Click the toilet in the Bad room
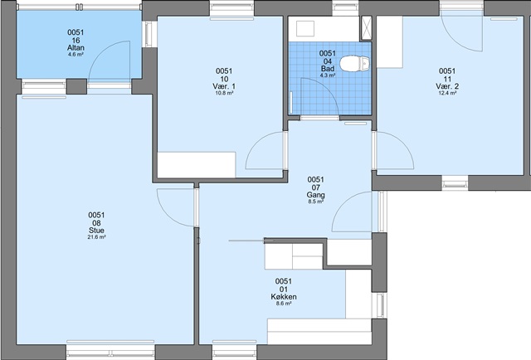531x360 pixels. [354, 63]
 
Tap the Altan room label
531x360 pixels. [76, 48]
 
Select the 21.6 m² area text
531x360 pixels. [96, 237]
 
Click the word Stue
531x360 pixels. [96, 231]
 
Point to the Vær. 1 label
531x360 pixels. [224, 86]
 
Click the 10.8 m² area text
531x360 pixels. [224, 93]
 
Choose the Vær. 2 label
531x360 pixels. [447, 86]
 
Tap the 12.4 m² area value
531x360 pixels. [447, 93]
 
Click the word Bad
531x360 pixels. [328, 69]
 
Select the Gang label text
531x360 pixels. [315, 195]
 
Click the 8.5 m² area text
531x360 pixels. [315, 202]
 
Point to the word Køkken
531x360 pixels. [284, 297]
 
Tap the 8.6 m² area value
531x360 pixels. [284, 304]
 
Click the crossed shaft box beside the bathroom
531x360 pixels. [367, 28]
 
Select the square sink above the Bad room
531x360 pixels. [305, 28]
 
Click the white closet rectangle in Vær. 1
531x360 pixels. [197, 165]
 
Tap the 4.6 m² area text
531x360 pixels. [76, 54]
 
